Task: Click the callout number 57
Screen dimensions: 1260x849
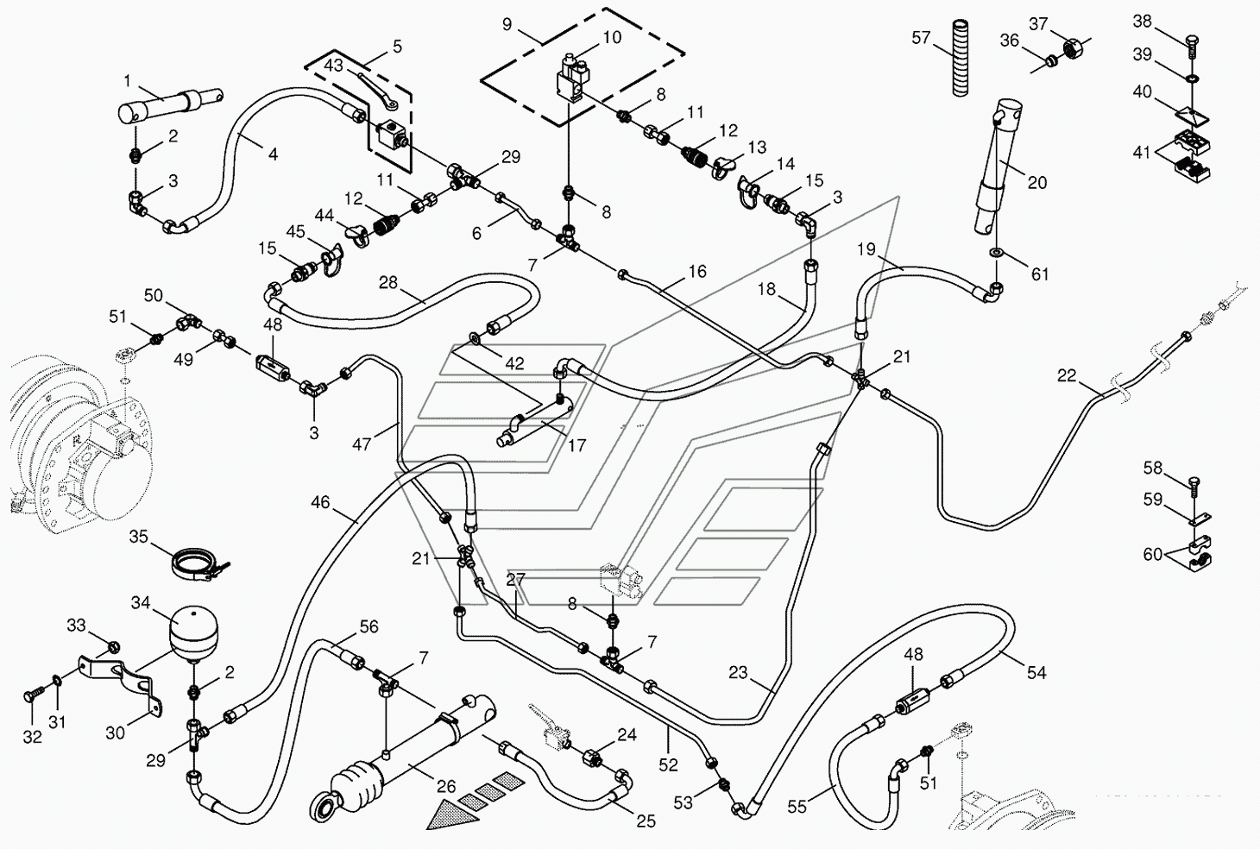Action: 921,38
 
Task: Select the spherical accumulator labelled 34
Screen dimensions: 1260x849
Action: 193,632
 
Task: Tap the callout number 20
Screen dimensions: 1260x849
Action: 1036,182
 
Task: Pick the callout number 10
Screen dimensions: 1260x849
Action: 612,37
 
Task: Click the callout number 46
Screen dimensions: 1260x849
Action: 320,501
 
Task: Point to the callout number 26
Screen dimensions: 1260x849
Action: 446,786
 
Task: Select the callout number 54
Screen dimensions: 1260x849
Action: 1036,672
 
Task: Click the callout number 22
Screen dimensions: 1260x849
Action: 1067,375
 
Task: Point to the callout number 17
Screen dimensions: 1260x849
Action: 576,445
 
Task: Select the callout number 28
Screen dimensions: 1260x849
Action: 388,282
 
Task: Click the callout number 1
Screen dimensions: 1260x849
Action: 127,81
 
